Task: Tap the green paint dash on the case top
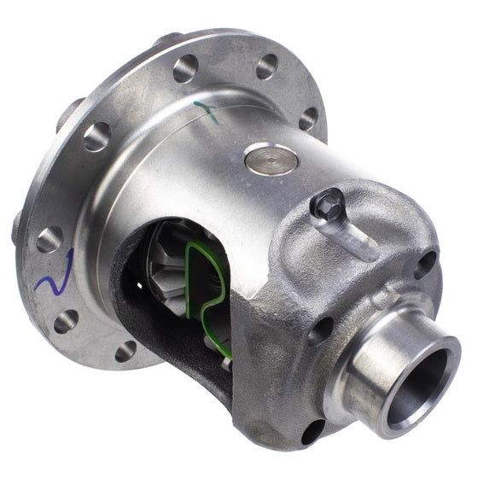point(207,111)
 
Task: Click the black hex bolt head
point(329,206)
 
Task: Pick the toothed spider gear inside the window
point(170,265)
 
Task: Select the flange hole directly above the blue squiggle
point(50,240)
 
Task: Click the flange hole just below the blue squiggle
point(67,321)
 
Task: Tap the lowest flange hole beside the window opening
point(126,350)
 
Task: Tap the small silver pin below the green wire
point(224,364)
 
